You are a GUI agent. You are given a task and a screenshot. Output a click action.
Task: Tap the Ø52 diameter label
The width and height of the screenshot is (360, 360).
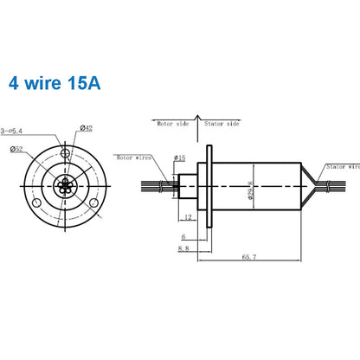click(x=17, y=150)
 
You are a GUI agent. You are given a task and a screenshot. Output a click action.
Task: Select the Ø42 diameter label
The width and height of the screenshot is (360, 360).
click(x=87, y=128)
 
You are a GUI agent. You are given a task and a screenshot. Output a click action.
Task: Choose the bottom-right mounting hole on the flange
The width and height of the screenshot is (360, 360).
click(x=93, y=202)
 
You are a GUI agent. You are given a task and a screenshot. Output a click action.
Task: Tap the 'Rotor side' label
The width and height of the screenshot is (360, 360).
click(x=171, y=124)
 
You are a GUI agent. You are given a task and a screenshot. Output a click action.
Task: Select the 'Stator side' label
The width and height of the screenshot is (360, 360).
click(x=223, y=124)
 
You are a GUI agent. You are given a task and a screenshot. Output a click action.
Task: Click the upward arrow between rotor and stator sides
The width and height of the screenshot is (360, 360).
click(x=197, y=119)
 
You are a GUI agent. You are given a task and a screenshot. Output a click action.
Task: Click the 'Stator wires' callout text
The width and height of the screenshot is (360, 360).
click(x=342, y=166)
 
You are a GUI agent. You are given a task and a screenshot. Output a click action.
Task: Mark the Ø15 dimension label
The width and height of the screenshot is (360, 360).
click(x=180, y=157)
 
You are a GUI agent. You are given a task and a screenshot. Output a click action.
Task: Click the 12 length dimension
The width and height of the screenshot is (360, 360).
click(x=188, y=217)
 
